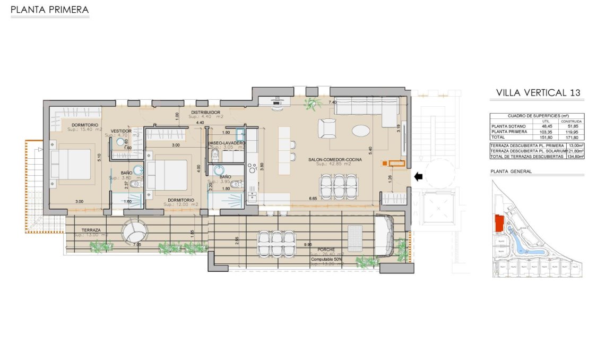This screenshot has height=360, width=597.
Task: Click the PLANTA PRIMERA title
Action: pyautogui.click(x=49, y=10)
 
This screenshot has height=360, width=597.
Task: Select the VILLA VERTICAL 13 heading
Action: pyautogui.click(x=538, y=93)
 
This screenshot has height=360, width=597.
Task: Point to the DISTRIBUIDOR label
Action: pyautogui.click(x=205, y=113)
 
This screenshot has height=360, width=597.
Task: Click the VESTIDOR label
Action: pyautogui.click(x=121, y=131)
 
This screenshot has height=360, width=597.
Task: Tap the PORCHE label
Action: pyautogui.click(x=326, y=249)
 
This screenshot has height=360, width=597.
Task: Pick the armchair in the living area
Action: pyautogui.click(x=327, y=128)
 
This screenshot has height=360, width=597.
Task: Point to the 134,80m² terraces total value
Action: pyautogui.click(x=575, y=157)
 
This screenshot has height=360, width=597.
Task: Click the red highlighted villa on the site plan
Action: pyautogui.click(x=499, y=224)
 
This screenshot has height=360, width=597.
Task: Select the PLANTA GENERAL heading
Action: pyautogui.click(x=511, y=172)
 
